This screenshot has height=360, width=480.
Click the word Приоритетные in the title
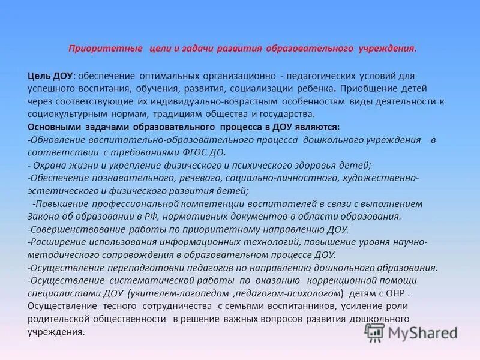[x=105, y=48]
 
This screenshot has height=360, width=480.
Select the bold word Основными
[x=55, y=127]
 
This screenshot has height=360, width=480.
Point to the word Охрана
[x=49, y=165]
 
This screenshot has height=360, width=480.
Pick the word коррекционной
[x=343, y=280]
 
